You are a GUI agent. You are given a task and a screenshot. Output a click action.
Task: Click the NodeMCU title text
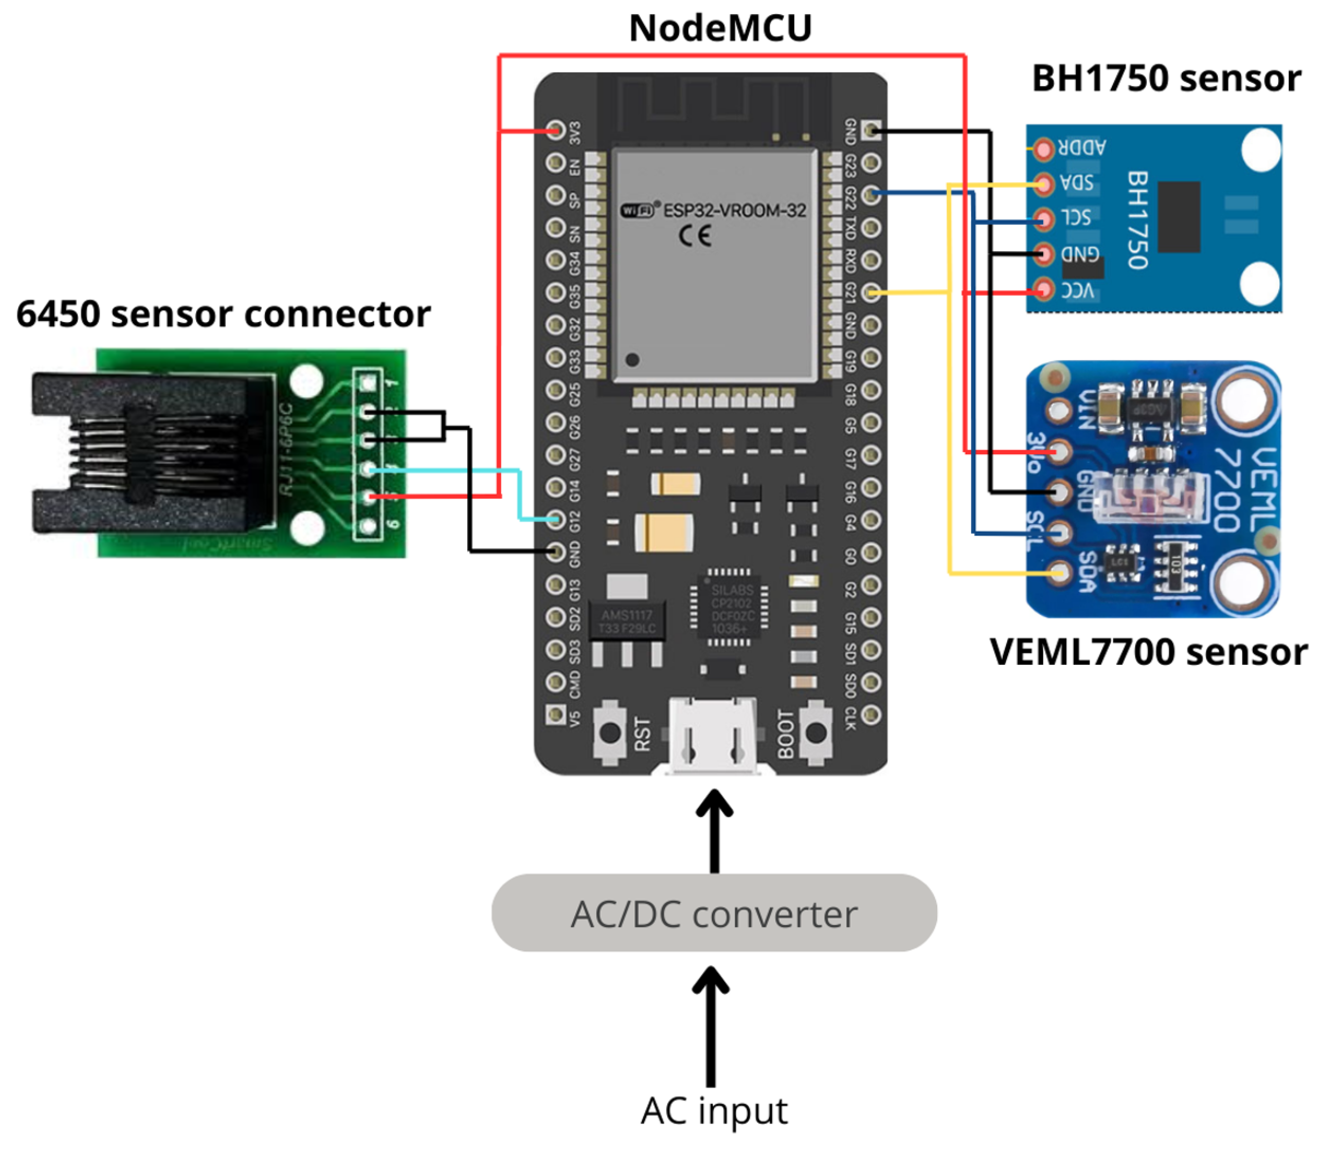[x=720, y=29]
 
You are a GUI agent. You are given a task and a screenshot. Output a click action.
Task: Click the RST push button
[x=610, y=733]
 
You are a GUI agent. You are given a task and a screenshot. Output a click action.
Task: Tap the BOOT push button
[x=816, y=733]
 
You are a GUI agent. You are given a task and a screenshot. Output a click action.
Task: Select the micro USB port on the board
[x=713, y=736]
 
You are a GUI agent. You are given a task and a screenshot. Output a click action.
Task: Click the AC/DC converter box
[x=713, y=913]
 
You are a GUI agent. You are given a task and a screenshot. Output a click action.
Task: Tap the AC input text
[x=713, y=1110]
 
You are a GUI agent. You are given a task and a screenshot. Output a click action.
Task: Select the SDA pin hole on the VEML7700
[x=1058, y=572]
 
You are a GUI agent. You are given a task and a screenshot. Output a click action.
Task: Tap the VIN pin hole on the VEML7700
[x=1059, y=410]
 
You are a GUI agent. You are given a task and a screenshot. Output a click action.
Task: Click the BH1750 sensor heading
[x=1166, y=79]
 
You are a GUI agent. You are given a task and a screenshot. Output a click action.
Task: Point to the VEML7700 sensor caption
[x=1148, y=652]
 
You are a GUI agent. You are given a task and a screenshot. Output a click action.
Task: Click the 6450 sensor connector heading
[x=223, y=315]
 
